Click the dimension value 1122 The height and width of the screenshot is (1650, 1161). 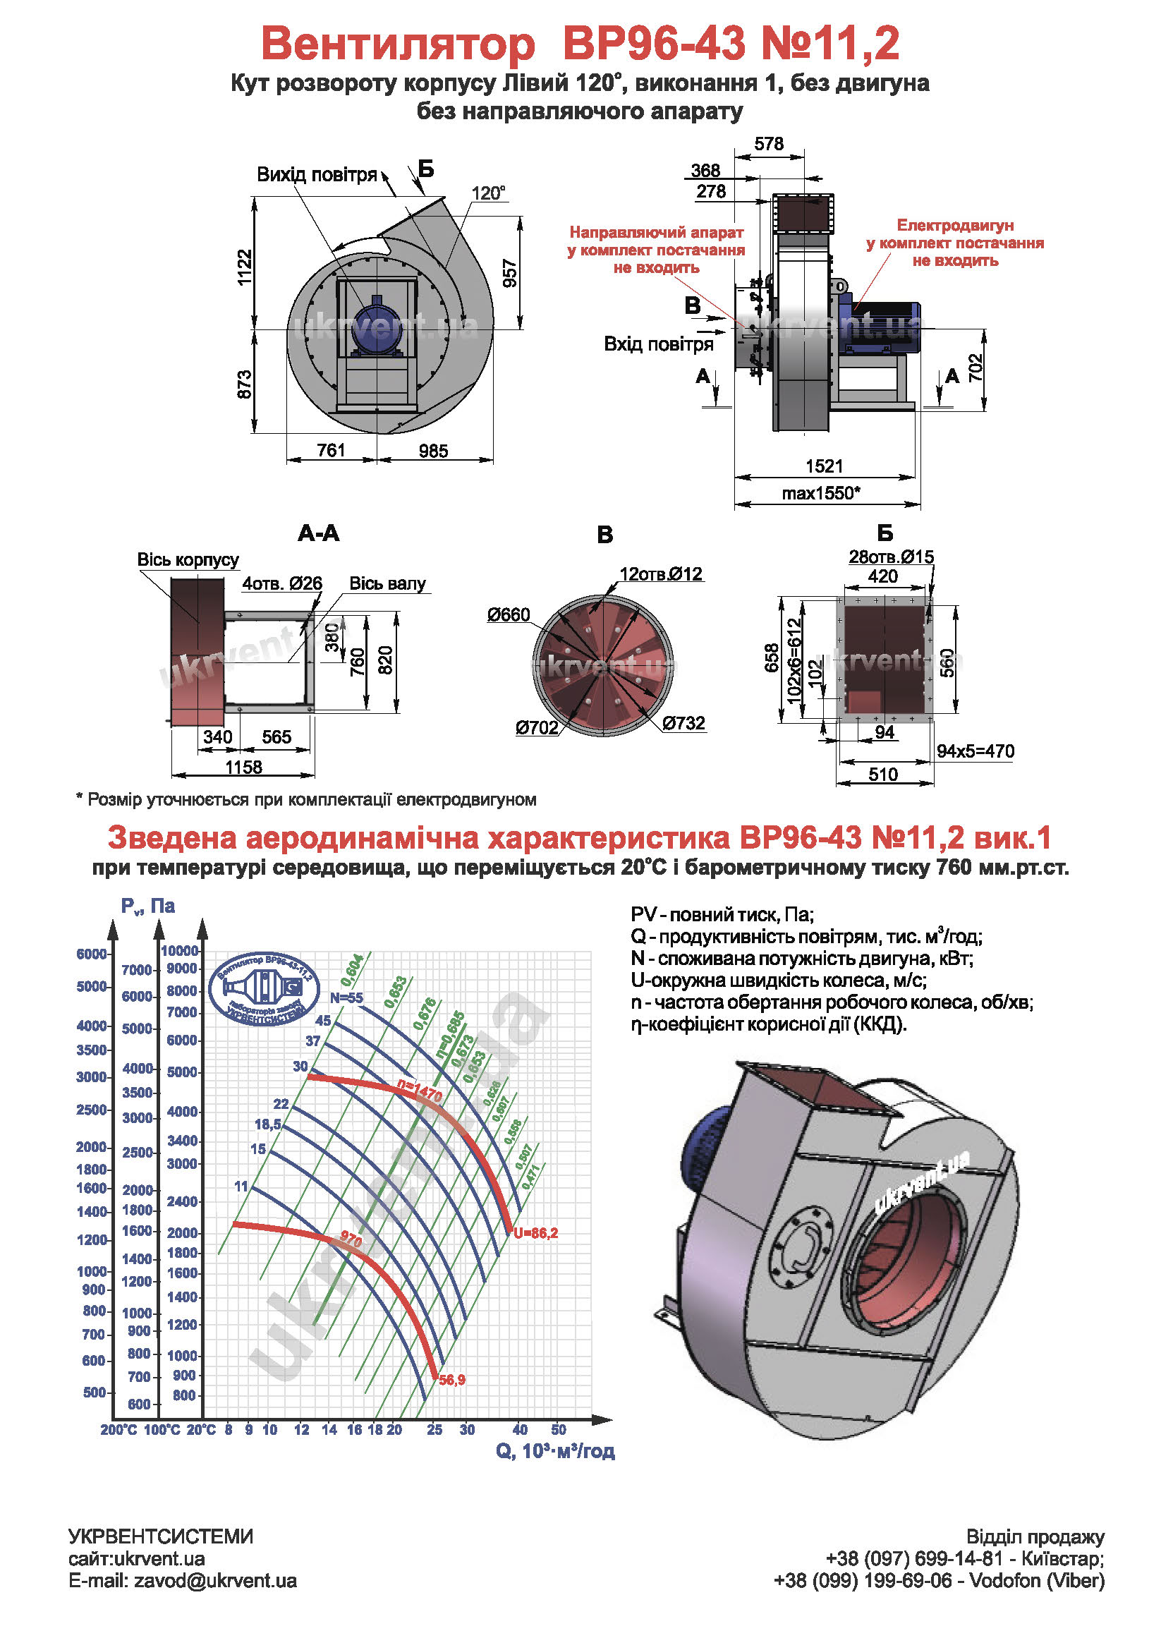245,267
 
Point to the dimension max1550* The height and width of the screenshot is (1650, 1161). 820,494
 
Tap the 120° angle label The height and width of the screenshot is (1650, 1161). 488,193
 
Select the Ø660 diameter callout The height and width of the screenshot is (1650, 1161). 508,614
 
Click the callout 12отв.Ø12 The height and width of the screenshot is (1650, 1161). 660,574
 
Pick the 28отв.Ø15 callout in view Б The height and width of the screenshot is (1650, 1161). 890,557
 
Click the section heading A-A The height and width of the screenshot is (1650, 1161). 318,533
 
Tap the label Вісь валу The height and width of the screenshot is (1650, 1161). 387,583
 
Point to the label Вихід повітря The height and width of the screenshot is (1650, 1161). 316,175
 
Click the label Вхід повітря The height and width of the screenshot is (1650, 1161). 658,344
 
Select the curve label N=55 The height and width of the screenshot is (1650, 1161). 346,997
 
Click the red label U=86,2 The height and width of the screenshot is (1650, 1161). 535,1233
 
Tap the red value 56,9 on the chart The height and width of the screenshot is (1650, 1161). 452,1380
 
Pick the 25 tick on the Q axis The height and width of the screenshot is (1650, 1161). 434,1430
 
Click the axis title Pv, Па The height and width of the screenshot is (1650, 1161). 148,906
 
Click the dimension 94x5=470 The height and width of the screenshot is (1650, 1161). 975,752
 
